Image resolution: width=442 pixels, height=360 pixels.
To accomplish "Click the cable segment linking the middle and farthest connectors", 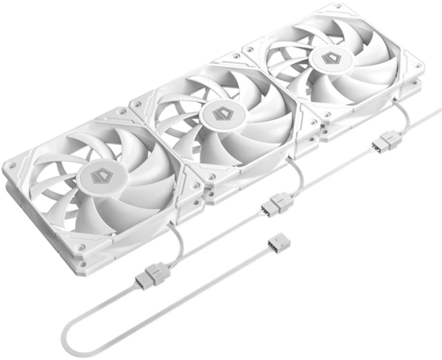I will click(x=331, y=171).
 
